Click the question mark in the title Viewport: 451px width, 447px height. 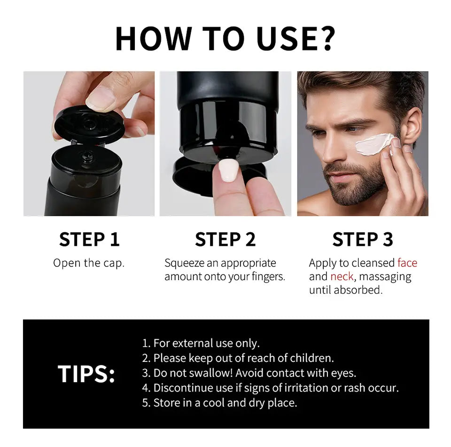coord(324,39)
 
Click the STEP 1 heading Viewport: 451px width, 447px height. coord(89,239)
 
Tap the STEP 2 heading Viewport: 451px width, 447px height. coord(225,239)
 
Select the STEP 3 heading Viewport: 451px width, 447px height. coord(362,239)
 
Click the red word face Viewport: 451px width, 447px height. coord(407,263)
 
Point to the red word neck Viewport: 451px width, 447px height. coord(342,276)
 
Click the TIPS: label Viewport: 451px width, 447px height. coord(86,374)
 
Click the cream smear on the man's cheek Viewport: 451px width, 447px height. coord(373,143)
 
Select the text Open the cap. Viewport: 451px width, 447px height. coord(89,263)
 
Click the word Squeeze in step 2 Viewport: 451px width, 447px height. coord(184,263)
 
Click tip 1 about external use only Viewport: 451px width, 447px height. coord(201,343)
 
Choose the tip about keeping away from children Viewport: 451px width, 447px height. coord(238,358)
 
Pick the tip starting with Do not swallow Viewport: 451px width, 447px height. coord(249,373)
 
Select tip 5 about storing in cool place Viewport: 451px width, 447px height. coord(219,403)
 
